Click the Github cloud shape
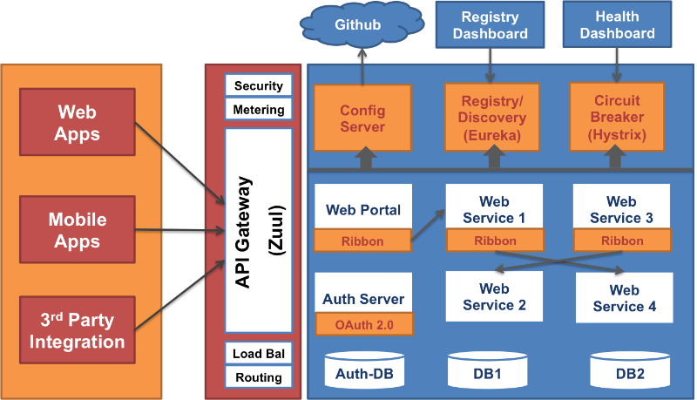[358, 24]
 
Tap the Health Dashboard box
[618, 25]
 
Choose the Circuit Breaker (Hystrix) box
[618, 116]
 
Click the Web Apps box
[78, 123]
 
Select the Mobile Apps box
[78, 230]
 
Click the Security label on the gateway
[259, 85]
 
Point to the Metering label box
[259, 110]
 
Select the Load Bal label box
[259, 353]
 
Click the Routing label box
[259, 377]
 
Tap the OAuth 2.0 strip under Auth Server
[363, 324]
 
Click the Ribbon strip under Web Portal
[362, 241]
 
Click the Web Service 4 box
[624, 298]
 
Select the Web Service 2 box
[494, 297]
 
